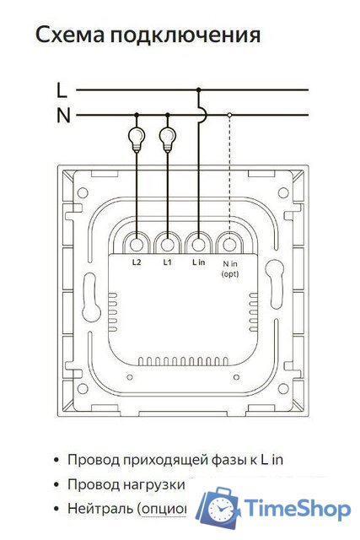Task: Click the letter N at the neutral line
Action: click(62, 116)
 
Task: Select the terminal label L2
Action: click(137, 262)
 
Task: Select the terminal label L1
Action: click(168, 262)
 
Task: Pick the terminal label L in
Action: click(198, 262)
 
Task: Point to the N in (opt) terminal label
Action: click(229, 268)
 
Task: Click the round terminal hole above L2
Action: click(137, 244)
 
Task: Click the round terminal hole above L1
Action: click(168, 244)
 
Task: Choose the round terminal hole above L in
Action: click(198, 244)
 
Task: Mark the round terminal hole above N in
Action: click(229, 244)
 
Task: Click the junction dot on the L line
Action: click(198, 89)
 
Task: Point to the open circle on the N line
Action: click(229, 115)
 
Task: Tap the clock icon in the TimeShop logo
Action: click(220, 510)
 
